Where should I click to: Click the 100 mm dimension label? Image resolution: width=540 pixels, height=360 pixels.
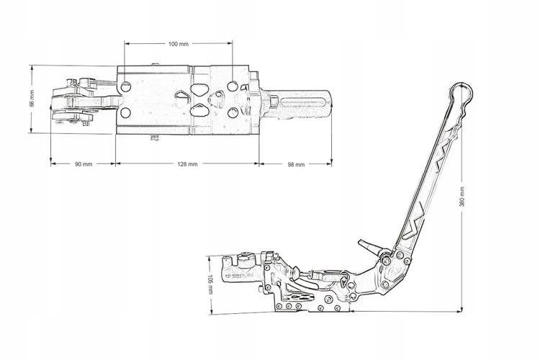click(179, 44)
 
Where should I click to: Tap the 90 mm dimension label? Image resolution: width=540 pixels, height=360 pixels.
click(83, 164)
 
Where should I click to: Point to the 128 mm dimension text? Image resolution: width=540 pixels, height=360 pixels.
click(186, 164)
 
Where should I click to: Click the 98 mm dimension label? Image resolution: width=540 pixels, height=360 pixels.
click(296, 164)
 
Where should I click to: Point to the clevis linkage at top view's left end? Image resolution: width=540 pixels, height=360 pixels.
click(76, 101)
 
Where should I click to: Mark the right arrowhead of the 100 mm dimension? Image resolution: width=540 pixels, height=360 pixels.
click(231, 43)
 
